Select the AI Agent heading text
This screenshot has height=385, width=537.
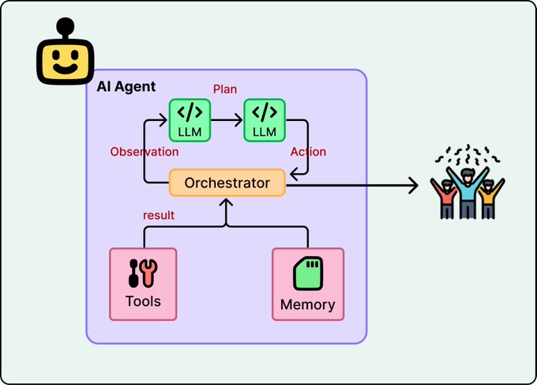click(126, 86)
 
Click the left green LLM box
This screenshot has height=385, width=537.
click(190, 119)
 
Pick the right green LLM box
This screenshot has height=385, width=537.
click(265, 119)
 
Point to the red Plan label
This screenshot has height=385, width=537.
click(225, 89)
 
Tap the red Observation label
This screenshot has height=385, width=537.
click(144, 152)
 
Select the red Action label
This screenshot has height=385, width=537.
click(307, 152)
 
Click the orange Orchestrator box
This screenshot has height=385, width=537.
click(227, 183)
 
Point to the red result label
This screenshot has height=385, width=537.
click(158, 215)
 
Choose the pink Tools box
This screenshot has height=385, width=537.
click(143, 284)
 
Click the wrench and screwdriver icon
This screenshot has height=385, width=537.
click(143, 274)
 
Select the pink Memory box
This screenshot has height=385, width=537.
click(307, 284)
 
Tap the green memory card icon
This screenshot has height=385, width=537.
click(308, 274)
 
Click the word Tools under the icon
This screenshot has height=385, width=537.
click(143, 301)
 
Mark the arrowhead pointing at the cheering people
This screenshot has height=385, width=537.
click(413, 187)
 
